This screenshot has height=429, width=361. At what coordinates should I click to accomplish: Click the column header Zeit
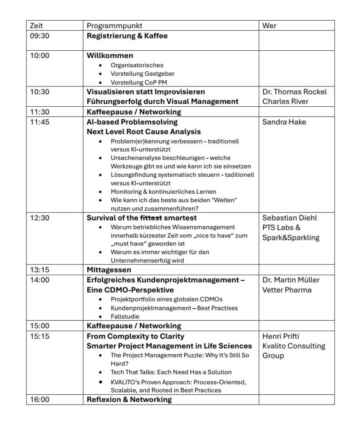pyautogui.click(x=36, y=25)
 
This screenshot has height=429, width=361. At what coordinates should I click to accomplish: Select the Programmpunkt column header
pyautogui.click(x=114, y=25)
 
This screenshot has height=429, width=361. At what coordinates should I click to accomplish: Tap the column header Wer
pyautogui.click(x=269, y=25)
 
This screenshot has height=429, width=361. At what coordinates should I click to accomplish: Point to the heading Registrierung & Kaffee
pyautogui.click(x=127, y=35)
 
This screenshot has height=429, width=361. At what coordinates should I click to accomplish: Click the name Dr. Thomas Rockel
pyautogui.click(x=294, y=92)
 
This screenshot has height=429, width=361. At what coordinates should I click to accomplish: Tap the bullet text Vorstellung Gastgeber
pyautogui.click(x=137, y=74)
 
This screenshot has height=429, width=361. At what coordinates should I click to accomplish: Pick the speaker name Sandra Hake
pyautogui.click(x=284, y=122)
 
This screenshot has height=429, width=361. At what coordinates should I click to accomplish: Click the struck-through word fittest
pyautogui.click(x=151, y=218)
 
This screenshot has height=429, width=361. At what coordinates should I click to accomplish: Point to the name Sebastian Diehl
pyautogui.click(x=290, y=218)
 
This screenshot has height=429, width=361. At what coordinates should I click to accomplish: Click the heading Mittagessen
pyautogui.click(x=109, y=270)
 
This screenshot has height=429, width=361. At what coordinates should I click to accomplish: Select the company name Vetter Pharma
pyautogui.click(x=287, y=290)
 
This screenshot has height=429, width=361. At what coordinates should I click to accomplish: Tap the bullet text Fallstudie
pyautogui.click(x=125, y=317)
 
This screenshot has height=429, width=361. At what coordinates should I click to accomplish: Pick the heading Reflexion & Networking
pyautogui.click(x=129, y=399)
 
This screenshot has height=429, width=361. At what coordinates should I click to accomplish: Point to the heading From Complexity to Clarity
pyautogui.click(x=135, y=336)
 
